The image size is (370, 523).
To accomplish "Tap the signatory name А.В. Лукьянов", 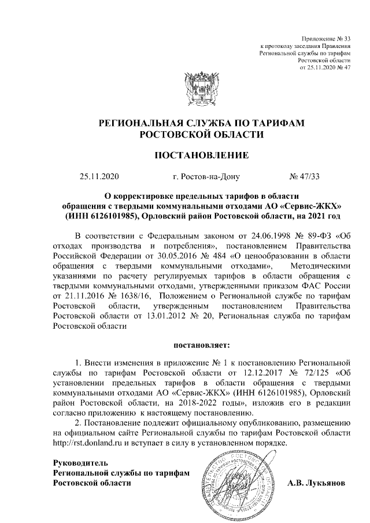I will click(x=316, y=483).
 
